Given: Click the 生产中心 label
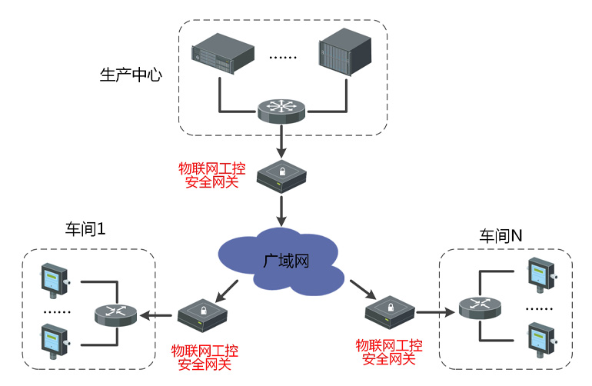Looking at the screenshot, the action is (131, 75).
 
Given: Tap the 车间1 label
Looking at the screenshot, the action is (85, 229).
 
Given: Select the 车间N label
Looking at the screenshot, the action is (501, 236).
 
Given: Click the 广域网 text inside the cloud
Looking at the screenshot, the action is (286, 261).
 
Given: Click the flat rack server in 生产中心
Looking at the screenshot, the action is (223, 53).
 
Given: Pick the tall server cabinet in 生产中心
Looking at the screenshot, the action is (344, 52).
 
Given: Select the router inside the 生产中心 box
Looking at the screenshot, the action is (281, 111).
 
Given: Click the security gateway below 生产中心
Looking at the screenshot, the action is (281, 176).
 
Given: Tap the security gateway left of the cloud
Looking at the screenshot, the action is (202, 315).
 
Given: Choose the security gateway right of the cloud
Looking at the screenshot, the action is (390, 312).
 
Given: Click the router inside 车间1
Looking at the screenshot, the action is (115, 315).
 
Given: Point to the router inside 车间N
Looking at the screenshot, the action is (480, 308).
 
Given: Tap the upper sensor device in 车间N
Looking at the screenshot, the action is (542, 275).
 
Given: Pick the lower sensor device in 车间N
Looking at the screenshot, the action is (542, 339).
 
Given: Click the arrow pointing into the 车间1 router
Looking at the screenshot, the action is (156, 315).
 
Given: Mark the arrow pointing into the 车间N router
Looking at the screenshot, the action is (435, 312).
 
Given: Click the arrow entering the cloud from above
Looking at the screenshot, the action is (281, 211).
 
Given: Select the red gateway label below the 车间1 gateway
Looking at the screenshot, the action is (205, 358).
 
